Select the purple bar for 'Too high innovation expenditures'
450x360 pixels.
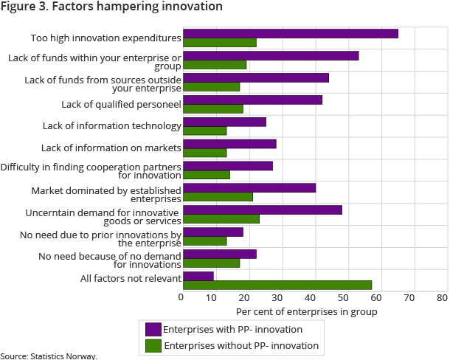point(290,33)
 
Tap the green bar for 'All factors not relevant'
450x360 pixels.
point(277,285)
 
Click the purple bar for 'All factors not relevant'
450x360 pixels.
point(198,276)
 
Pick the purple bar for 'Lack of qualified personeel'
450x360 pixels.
point(252,100)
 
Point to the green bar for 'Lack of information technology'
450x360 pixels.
point(204,131)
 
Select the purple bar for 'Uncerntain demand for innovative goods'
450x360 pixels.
point(262,210)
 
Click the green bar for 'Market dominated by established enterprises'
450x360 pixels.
point(218,197)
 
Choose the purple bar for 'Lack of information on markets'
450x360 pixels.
point(229,144)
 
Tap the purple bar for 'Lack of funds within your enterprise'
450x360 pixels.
point(271,55)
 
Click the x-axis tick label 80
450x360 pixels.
point(442,298)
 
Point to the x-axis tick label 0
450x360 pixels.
point(181,298)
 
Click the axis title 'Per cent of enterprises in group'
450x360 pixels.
point(306,312)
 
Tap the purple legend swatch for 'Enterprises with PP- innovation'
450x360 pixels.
point(153,329)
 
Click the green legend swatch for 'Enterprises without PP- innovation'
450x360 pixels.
point(153,345)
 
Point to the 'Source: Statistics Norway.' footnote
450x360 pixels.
point(49,356)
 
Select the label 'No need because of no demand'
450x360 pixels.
point(109,255)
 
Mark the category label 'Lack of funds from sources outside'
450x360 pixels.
point(103,78)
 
